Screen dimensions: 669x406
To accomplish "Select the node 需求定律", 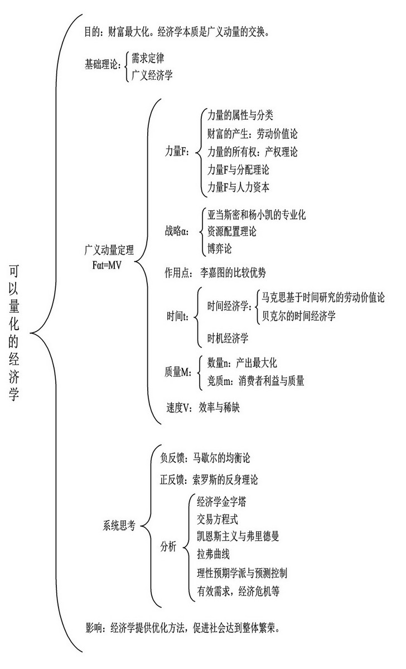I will (x=148, y=57).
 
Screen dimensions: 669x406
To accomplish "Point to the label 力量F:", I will (x=178, y=152).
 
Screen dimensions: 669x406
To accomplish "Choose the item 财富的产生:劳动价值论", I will (x=253, y=133).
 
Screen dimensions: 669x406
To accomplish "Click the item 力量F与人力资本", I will (x=239, y=187).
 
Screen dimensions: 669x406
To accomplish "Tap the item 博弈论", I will (x=219, y=249).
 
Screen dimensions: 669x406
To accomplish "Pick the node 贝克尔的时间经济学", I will (x=298, y=316).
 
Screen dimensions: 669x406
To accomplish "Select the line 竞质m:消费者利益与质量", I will (x=255, y=381).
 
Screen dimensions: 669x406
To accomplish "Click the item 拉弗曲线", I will (x=213, y=554).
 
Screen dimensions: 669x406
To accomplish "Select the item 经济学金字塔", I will (x=222, y=501).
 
